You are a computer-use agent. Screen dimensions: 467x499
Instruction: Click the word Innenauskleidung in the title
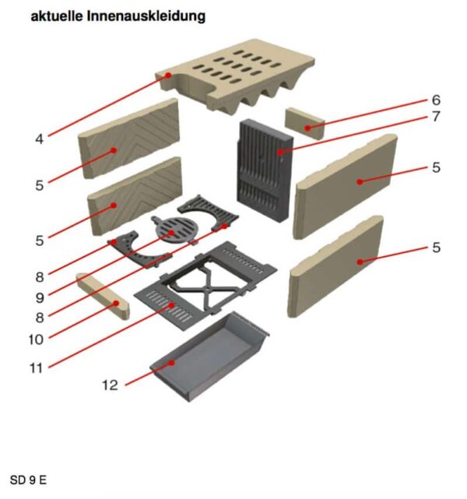point(146,16)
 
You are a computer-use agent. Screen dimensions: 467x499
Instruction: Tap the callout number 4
point(39,139)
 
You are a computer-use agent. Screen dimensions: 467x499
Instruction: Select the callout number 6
point(436,100)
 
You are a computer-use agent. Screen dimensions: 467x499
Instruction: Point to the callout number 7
point(436,117)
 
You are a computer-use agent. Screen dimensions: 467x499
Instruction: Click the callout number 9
point(40,298)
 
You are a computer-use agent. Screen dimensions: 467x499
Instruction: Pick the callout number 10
point(36,339)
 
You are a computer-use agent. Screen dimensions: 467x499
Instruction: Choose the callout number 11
point(36,368)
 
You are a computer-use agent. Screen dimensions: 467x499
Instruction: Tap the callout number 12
point(110,385)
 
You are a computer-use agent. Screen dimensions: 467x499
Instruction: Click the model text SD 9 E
point(28,480)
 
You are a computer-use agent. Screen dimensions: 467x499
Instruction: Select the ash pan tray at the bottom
point(209,356)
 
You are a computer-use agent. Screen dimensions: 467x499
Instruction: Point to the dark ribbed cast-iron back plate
point(265,170)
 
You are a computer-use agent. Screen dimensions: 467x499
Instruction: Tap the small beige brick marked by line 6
point(305,124)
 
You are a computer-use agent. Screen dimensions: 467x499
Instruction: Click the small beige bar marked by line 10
point(103,297)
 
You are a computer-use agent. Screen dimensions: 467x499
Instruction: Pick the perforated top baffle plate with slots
point(235,76)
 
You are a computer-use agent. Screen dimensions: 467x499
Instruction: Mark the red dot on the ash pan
point(172,363)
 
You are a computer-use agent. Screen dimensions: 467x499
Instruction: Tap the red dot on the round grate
point(171,233)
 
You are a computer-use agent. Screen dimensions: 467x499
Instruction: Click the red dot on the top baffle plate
point(168,75)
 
